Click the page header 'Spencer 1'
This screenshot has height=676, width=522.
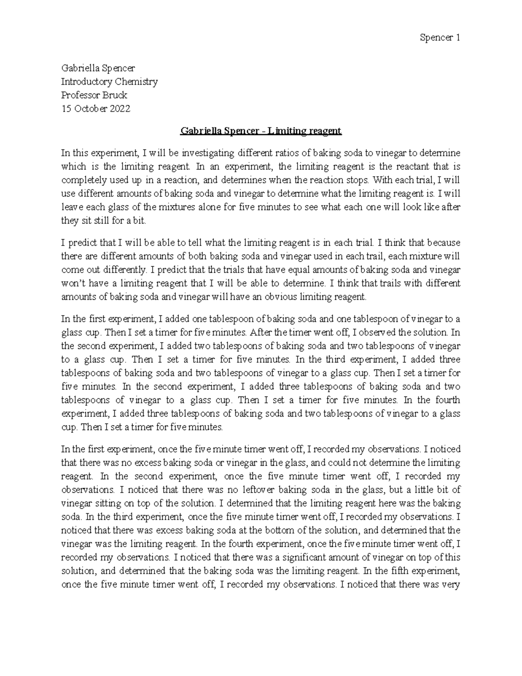click(x=440, y=38)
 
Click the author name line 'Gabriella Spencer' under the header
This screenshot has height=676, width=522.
click(x=98, y=68)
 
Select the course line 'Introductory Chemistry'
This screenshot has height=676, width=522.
click(x=109, y=81)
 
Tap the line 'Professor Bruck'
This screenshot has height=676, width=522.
click(x=94, y=95)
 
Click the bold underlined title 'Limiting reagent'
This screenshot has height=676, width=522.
click(x=305, y=131)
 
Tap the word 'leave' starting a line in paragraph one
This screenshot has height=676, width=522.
click(x=71, y=207)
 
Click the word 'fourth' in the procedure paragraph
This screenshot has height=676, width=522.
click(x=448, y=400)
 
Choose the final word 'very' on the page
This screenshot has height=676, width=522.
click(x=452, y=585)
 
